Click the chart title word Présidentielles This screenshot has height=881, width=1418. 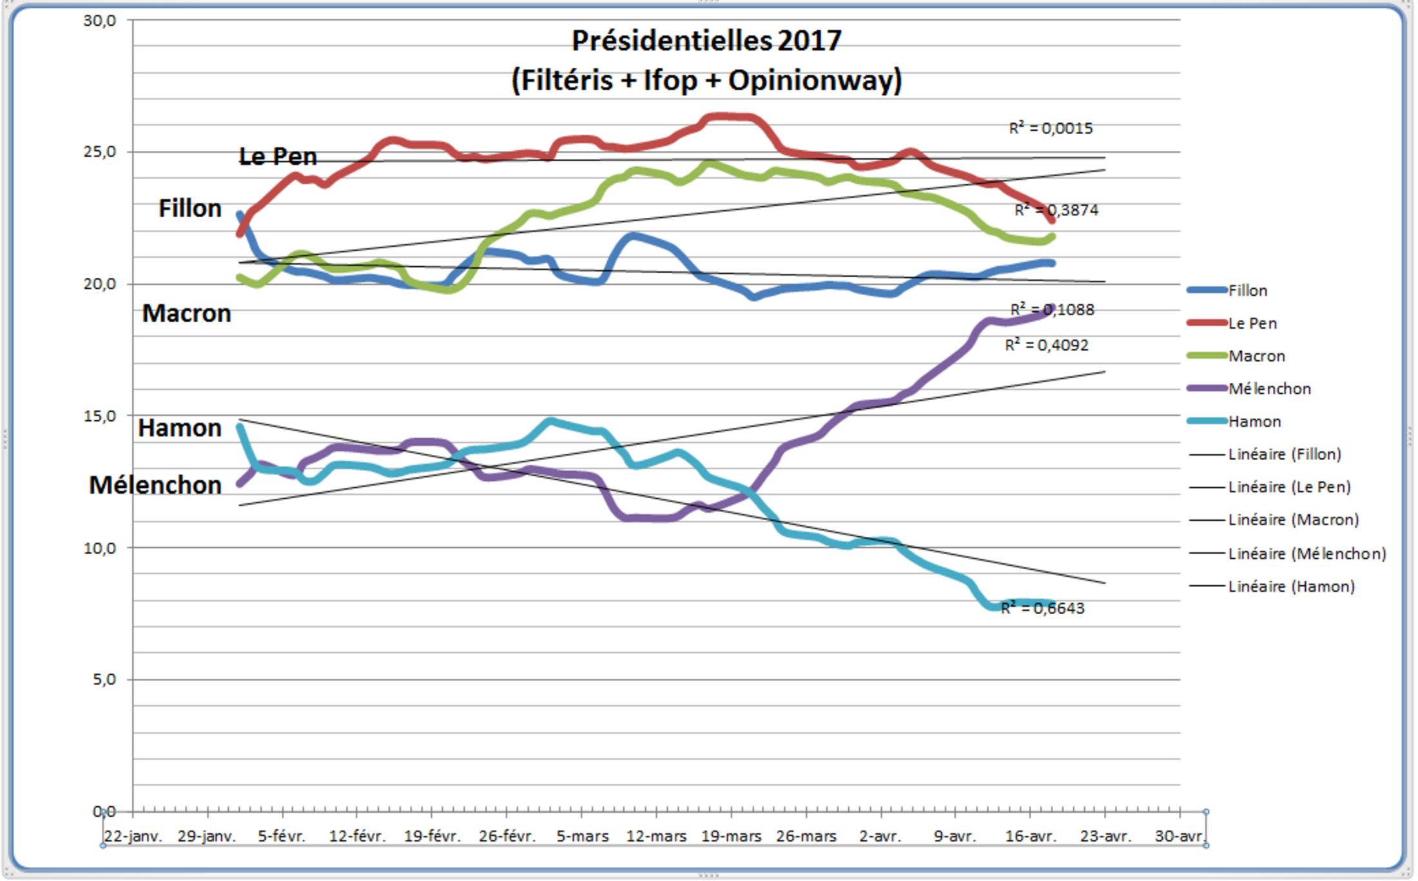(x=671, y=41)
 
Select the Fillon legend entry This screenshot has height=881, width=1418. (x=1247, y=291)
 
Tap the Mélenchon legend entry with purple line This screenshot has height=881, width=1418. (x=1269, y=389)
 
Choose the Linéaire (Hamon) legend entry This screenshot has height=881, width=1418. (x=1291, y=586)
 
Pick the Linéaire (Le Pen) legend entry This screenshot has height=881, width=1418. (x=1289, y=487)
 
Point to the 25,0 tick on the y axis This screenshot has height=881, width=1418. (x=99, y=152)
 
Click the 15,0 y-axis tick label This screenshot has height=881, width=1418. (x=99, y=416)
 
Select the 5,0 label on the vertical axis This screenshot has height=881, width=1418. (x=104, y=679)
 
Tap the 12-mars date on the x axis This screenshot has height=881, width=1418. (x=656, y=837)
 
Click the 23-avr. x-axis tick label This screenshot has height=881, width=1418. (x=1105, y=837)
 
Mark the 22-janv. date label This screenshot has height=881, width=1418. (x=133, y=837)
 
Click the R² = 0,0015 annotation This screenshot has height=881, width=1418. (x=1051, y=128)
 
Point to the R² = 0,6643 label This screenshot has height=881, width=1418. (x=1042, y=608)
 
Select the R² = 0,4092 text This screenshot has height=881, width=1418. (x=1046, y=345)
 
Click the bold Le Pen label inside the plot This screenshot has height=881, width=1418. (x=278, y=157)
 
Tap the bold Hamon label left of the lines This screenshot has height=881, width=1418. (x=180, y=429)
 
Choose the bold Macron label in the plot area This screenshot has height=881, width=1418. (x=186, y=314)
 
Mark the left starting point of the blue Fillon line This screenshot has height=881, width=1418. (x=240, y=214)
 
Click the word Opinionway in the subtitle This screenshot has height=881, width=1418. (x=814, y=81)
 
